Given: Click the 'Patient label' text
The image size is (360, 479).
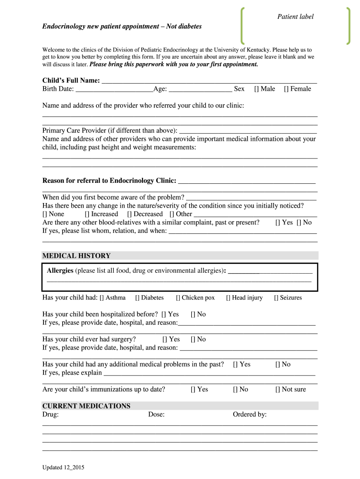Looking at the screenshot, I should point(295,17).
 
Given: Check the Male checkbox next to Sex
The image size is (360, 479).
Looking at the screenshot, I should point(257,89).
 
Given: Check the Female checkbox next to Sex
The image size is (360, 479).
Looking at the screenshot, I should point(286,89).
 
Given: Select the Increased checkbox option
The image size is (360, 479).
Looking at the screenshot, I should point(87,214).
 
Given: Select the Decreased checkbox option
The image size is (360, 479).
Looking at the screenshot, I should point(130,214).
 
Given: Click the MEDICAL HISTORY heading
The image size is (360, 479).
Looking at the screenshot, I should point(77,256).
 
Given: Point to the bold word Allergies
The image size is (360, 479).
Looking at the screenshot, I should point(60,271).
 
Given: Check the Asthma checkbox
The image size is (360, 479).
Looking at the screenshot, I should point(101,298).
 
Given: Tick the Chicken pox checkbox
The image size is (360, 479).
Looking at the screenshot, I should point(178,298).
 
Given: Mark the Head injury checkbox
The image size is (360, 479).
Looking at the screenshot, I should point(228,298).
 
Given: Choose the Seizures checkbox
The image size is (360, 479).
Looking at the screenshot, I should point(276,298).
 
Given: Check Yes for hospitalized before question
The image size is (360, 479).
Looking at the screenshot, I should point(164,314).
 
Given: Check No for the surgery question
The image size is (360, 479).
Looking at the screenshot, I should point(193,340).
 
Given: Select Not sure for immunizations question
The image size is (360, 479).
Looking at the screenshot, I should point(278,390).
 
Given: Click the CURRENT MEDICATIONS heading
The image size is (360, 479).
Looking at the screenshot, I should point(86,406).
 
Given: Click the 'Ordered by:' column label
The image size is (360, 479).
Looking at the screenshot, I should point(250,414).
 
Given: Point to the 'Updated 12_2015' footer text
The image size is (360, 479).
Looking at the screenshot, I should point(63,468).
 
